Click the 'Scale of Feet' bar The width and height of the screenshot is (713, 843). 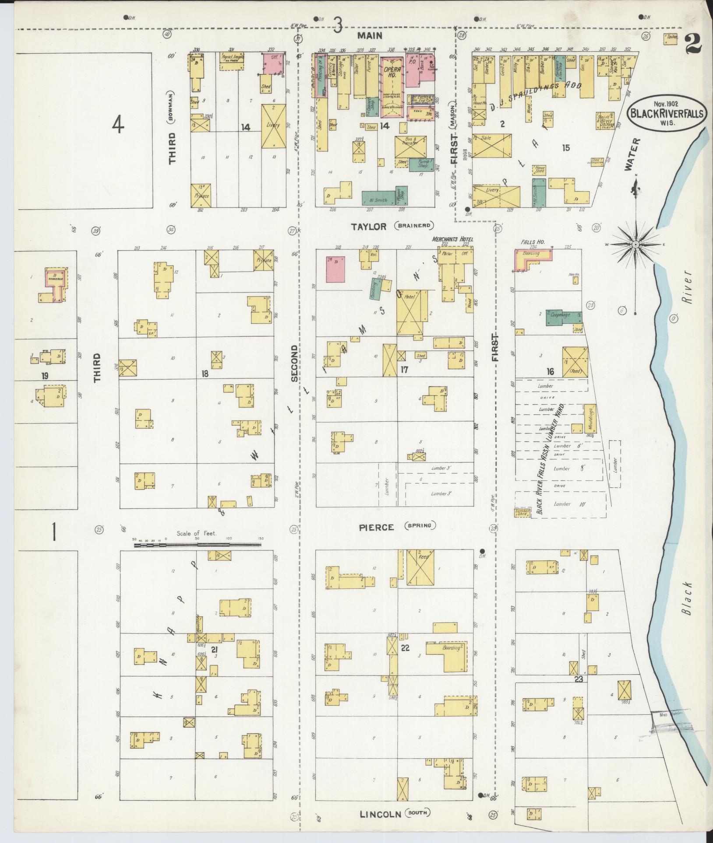(x=197, y=545)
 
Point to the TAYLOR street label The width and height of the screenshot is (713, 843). (x=368, y=226)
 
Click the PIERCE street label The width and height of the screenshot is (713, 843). (x=376, y=528)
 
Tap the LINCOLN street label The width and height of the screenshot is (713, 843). (x=380, y=814)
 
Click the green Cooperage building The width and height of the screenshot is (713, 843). (x=563, y=318)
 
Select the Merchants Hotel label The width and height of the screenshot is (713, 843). (x=452, y=239)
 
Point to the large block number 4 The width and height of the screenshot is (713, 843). (x=117, y=126)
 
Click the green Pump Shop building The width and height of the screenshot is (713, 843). (x=421, y=164)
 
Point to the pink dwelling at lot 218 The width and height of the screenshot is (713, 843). (x=335, y=269)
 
